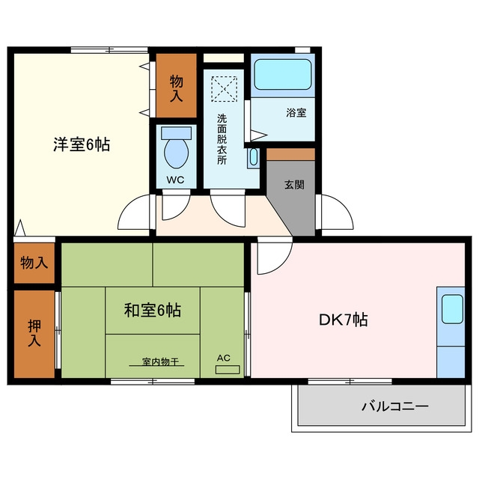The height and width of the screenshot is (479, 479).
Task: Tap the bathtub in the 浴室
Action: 283,74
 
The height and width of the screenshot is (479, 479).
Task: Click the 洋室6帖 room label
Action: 82,144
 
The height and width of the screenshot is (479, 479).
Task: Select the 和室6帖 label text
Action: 153,310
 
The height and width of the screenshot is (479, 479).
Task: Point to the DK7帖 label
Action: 343,320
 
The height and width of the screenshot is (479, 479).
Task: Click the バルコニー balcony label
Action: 395,406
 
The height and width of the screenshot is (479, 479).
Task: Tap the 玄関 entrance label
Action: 294,185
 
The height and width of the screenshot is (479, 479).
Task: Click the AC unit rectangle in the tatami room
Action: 228,370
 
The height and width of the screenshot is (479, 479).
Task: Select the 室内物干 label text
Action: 160,361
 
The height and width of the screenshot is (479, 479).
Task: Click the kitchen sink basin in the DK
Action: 452,309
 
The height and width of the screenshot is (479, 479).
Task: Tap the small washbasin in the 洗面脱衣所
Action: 254,158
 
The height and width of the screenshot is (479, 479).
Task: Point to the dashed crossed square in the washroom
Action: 225,89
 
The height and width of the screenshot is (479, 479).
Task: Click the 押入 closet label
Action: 34,333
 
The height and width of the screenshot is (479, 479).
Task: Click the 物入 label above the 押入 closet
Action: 34,263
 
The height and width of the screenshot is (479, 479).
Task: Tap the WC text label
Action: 175,180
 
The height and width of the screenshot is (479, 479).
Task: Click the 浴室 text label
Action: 296,112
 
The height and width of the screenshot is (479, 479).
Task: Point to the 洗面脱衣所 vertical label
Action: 222,139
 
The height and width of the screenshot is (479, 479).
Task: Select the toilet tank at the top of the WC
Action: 177,133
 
